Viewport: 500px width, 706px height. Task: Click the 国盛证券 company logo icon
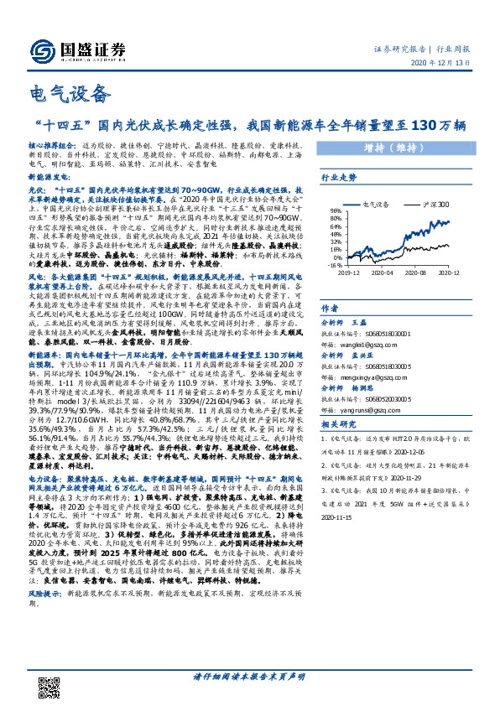click(40, 49)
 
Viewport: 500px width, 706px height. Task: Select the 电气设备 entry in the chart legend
click(375, 204)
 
